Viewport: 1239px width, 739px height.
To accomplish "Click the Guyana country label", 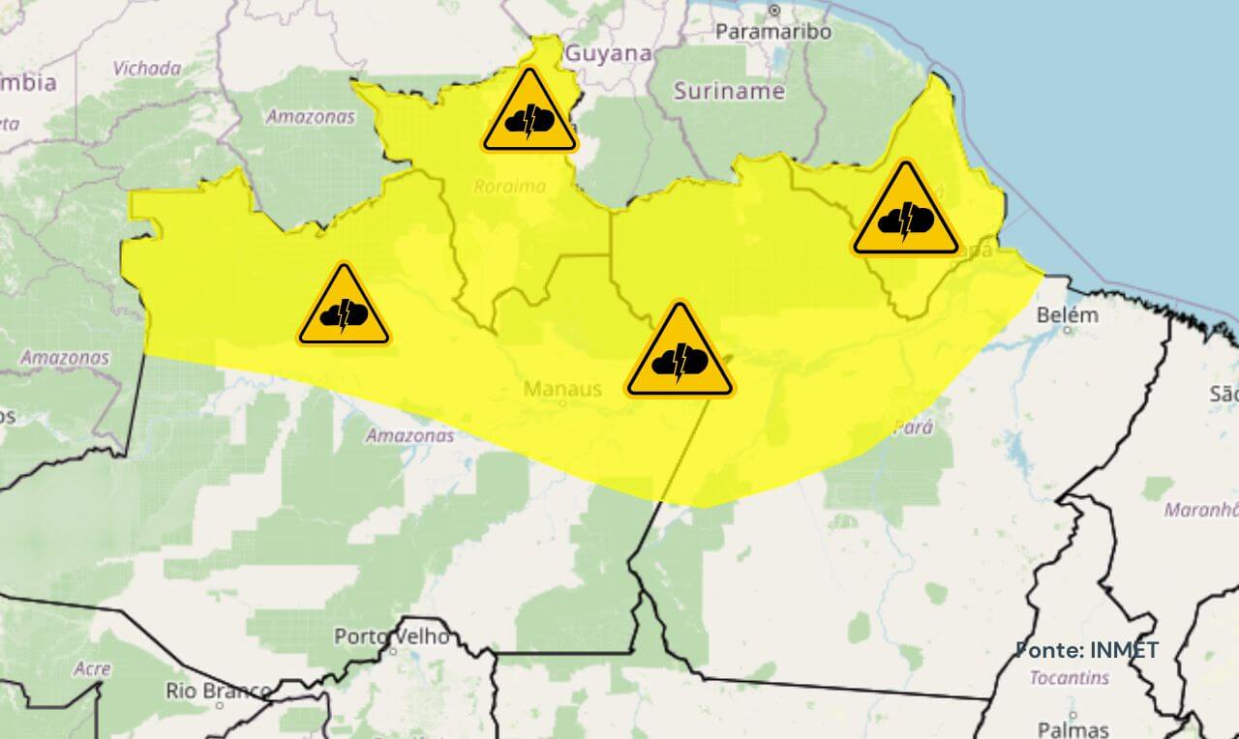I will [608, 54].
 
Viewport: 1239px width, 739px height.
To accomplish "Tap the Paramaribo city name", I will [772, 32].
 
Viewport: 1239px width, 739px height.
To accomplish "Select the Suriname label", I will [728, 92].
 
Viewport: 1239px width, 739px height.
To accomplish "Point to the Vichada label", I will [146, 69].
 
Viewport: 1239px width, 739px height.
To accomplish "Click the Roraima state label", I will [509, 187].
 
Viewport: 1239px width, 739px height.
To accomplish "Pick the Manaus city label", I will [562, 389].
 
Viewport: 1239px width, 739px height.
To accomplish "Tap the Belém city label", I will [1068, 315].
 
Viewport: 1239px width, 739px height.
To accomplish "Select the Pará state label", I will [913, 428].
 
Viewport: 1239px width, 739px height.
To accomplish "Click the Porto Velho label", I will [391, 636].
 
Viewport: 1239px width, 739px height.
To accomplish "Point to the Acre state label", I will [91, 669].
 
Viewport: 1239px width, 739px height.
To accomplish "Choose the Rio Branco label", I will [217, 691].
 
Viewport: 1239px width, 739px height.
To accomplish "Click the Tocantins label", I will [1069, 678].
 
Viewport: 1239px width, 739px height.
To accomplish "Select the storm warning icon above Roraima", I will [529, 114].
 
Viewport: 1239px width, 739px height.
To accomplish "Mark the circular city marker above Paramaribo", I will [773, 11].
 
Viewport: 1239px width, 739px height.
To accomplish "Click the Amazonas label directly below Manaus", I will [409, 436].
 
